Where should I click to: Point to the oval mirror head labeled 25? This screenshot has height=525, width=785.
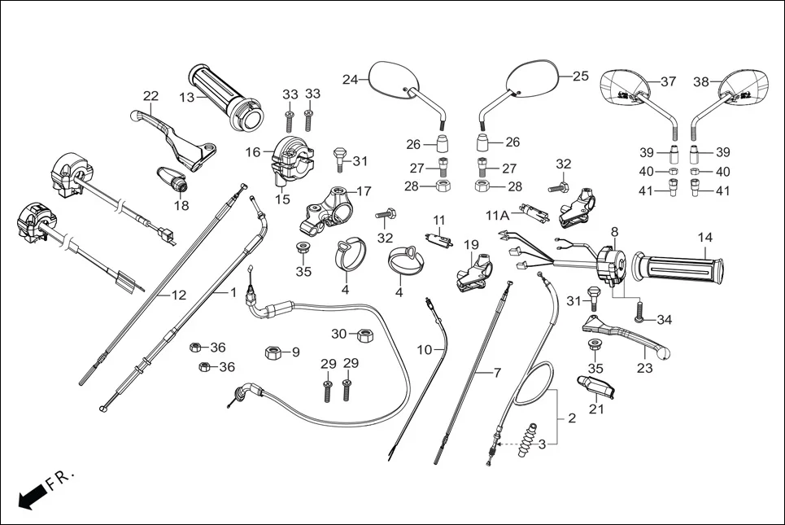[x=532, y=77]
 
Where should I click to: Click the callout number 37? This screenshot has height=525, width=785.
[x=668, y=81]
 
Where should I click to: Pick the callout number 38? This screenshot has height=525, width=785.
[x=701, y=81]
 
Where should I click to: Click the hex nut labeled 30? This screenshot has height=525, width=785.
[x=365, y=334]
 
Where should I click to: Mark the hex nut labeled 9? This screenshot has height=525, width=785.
[x=273, y=352]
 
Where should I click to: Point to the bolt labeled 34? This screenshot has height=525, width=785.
[x=640, y=311]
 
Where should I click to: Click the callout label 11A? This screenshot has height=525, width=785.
[x=497, y=216]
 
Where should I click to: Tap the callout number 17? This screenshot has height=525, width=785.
[x=363, y=191]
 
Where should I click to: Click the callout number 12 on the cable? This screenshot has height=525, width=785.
[x=178, y=295]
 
